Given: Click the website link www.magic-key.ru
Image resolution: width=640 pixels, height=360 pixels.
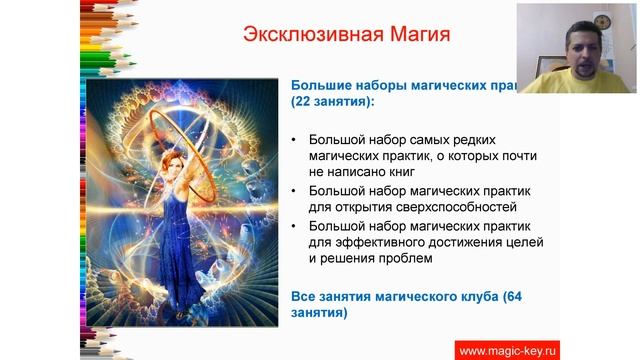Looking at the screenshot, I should [508, 349].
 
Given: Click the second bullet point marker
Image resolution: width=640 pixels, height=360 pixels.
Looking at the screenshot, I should [293, 190].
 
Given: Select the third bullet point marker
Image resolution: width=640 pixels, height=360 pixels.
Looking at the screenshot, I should [293, 225].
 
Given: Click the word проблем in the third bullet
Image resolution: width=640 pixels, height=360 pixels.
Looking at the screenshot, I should [402, 259].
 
